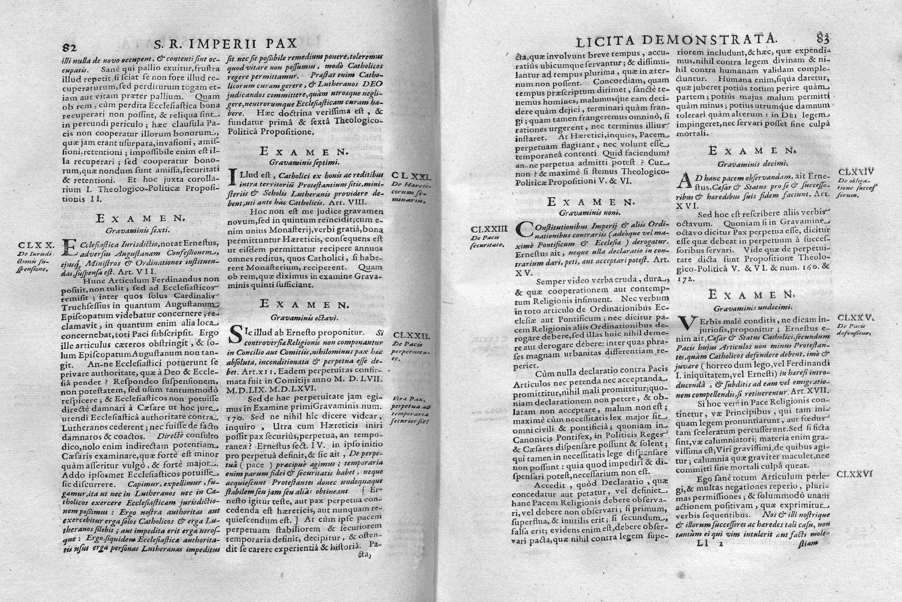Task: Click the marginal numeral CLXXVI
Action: click(855, 474)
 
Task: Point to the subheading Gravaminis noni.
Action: click(591, 212)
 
